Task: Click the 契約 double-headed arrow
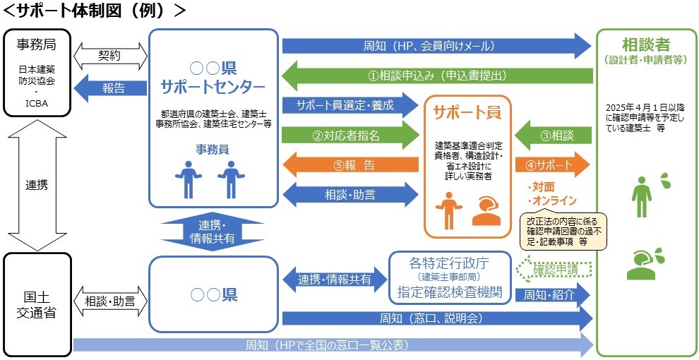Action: click(x=109, y=53)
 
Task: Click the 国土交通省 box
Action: click(x=37, y=304)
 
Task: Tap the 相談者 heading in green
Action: click(x=646, y=45)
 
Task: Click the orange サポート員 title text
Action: click(x=467, y=112)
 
